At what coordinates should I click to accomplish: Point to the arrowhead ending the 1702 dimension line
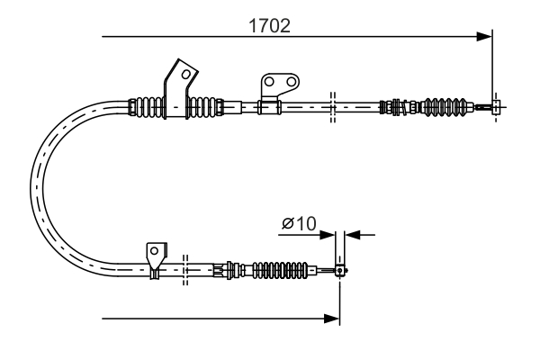click(x=486, y=37)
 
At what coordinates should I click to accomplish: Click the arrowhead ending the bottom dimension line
click(x=333, y=318)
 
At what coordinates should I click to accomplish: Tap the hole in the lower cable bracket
click(x=155, y=250)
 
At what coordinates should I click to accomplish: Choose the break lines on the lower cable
click(x=184, y=268)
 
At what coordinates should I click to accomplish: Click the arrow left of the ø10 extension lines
click(x=328, y=235)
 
